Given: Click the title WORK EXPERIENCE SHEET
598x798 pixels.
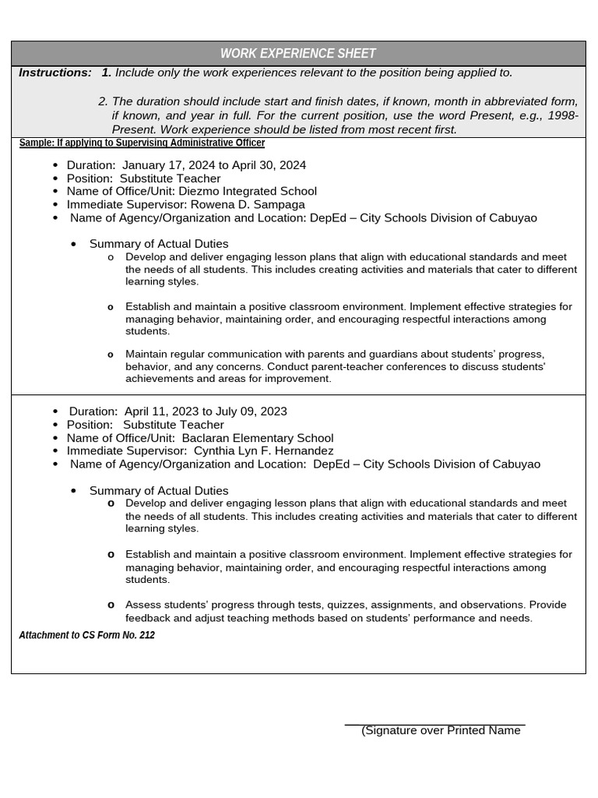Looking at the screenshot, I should (297, 54).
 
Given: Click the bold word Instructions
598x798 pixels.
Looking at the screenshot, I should (55, 72).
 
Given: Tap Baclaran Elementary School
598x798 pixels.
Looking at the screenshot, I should (257, 438).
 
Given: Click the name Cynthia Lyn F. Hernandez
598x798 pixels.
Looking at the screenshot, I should (263, 451).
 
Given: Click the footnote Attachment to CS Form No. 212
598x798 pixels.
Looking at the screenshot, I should (86, 635).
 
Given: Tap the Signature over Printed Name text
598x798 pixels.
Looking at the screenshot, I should (441, 730).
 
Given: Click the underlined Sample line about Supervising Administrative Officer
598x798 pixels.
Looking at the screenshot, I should (142, 143).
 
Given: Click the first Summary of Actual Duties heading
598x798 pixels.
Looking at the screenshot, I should (159, 245).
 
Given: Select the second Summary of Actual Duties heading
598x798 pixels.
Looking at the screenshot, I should (159, 491).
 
